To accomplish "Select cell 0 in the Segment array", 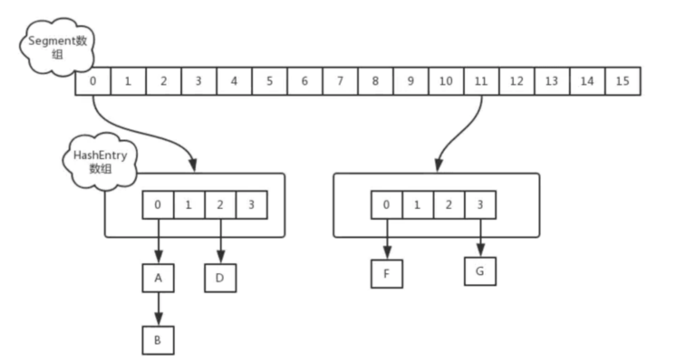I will point(93,81).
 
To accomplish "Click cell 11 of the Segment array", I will point(481,81).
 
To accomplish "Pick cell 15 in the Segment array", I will point(622,81).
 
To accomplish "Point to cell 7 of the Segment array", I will point(340,81).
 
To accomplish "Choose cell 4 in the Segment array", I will point(234,81).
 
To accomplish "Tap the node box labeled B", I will point(158,340).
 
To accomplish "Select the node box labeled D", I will point(220,276).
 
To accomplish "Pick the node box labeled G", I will point(480,271).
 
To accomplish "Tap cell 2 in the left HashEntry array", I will point(220,204).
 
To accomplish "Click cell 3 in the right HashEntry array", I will point(480,204).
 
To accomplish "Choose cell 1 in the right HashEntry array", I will point(418,204).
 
